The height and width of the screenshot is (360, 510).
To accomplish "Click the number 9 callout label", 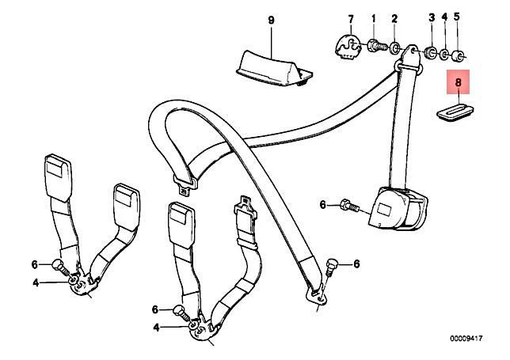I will [x=270, y=19].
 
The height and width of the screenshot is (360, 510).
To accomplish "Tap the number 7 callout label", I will [x=351, y=17].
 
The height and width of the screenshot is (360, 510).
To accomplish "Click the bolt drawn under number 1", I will [x=377, y=47].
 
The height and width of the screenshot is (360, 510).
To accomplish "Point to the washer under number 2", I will [x=395, y=47].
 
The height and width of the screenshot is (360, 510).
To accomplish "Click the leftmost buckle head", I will [x=55, y=169].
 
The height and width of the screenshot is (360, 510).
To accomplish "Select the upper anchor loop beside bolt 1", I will [x=410, y=55].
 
